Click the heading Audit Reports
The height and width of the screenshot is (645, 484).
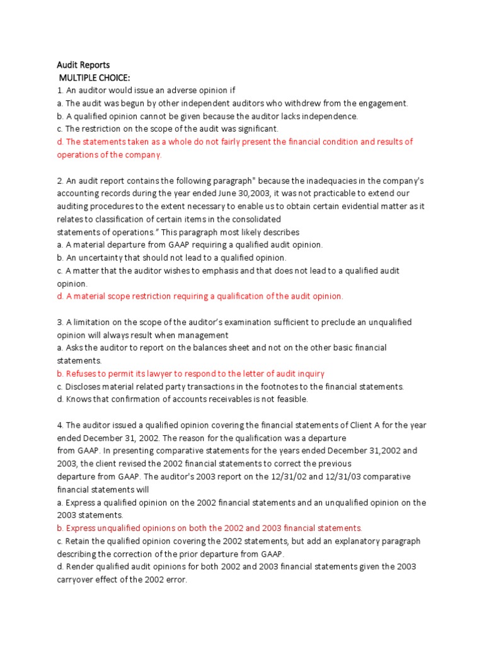click(x=83, y=65)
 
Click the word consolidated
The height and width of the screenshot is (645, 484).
click(x=253, y=219)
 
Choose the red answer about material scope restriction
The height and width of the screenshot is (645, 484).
click(x=200, y=296)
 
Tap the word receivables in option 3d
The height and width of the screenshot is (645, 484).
click(x=221, y=399)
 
